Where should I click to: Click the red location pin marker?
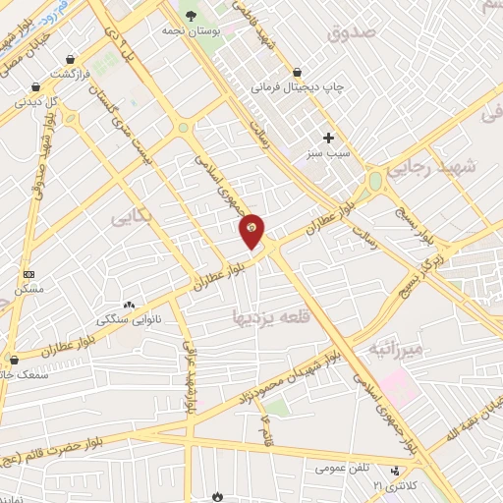coord(252,230)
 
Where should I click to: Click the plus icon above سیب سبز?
coord(329,138)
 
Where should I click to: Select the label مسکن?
coord(29,289)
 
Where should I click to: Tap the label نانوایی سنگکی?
coord(129,320)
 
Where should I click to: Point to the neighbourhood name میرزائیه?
coord(395,350)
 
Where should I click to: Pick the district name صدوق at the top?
coord(353,34)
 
